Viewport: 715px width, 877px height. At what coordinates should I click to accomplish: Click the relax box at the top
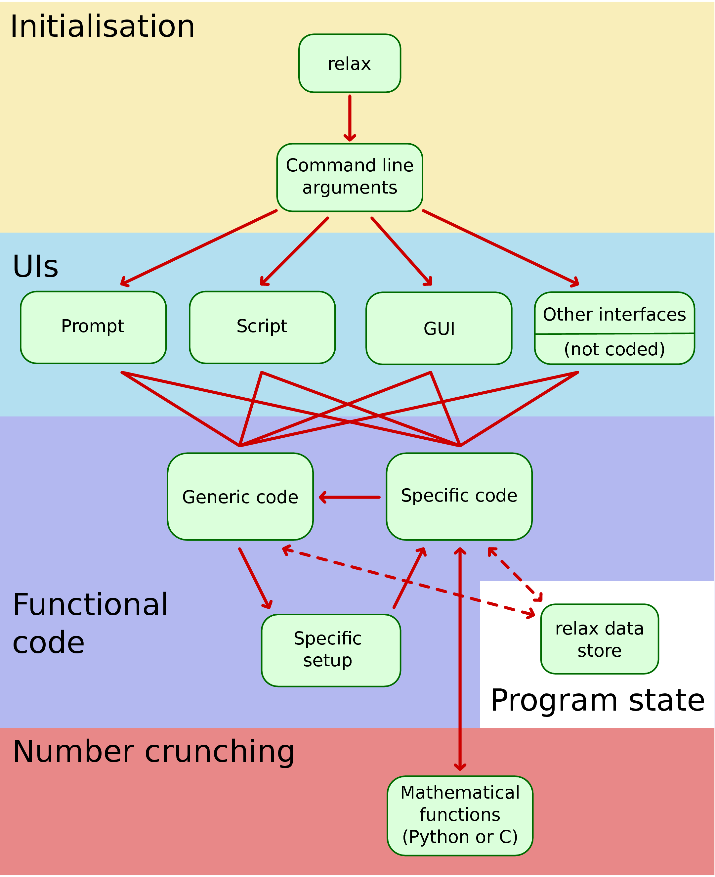click(x=349, y=64)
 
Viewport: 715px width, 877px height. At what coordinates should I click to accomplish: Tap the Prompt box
click(x=93, y=327)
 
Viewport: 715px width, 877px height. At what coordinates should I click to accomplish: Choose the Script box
click(x=262, y=327)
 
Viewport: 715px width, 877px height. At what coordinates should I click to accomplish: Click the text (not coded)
click(x=614, y=349)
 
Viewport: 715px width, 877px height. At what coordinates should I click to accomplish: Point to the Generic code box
click(x=240, y=497)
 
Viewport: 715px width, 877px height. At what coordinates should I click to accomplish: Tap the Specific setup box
click(x=331, y=650)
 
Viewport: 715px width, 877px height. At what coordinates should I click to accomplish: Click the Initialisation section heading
click(x=102, y=26)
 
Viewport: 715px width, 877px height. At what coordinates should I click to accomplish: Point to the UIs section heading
click(x=35, y=267)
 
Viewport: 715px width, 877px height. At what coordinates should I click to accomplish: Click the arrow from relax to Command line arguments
click(x=350, y=118)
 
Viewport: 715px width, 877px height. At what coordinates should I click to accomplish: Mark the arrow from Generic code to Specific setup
click(x=255, y=578)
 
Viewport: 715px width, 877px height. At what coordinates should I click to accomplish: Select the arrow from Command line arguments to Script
click(x=294, y=251)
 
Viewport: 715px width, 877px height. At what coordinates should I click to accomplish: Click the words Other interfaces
click(x=614, y=314)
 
